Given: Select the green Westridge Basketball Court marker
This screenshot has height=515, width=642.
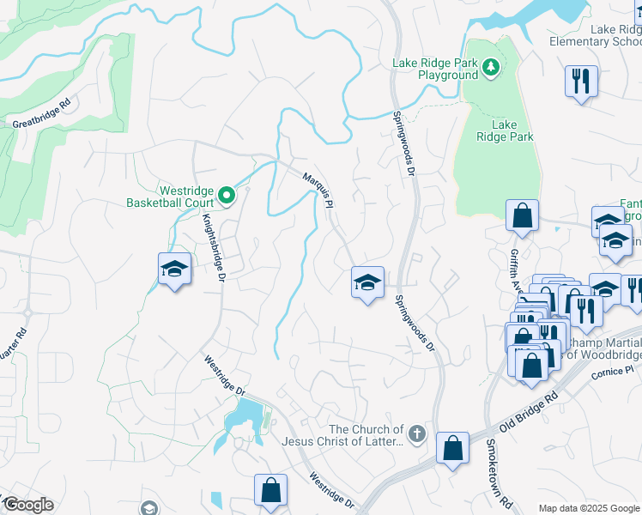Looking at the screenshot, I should click(227, 197).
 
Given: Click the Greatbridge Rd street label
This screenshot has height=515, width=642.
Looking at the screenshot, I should click(40, 124).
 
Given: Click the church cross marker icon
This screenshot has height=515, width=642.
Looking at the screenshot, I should click(417, 433).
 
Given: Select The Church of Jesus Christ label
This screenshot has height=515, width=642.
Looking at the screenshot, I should click(366, 435).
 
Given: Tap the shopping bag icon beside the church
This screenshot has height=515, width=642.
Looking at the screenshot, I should click(452, 447).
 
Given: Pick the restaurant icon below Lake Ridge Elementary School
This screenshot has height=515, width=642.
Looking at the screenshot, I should click(582, 82).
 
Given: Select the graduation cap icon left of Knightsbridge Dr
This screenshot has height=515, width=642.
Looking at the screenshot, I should click(174, 269).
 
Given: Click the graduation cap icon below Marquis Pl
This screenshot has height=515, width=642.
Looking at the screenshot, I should click(366, 282).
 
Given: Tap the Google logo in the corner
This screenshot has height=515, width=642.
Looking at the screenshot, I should click(28, 505).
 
